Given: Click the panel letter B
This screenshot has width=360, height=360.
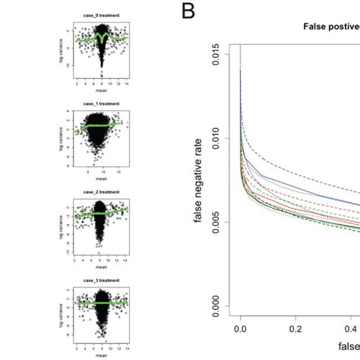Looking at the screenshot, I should click(x=186, y=13).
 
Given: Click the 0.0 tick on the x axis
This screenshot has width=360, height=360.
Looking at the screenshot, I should click(x=241, y=331).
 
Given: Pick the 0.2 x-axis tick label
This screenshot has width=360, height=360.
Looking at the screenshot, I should click(x=295, y=331).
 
